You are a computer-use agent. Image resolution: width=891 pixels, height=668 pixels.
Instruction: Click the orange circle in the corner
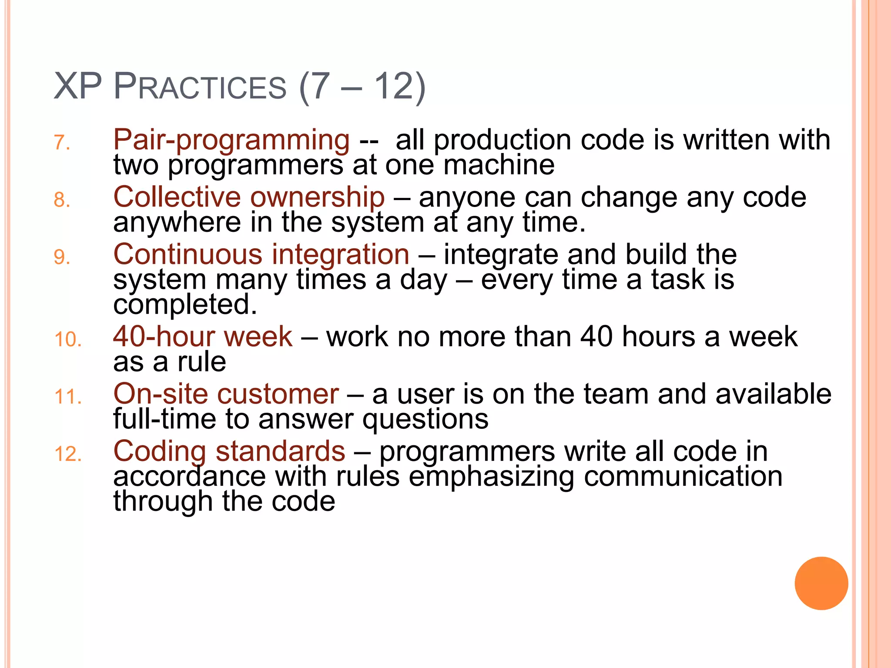click(x=821, y=583)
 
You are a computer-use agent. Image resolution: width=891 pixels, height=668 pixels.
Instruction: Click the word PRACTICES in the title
click(x=200, y=87)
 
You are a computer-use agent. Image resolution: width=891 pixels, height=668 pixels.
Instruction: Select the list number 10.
click(x=68, y=340)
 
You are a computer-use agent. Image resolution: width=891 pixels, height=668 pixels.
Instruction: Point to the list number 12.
click(x=68, y=454)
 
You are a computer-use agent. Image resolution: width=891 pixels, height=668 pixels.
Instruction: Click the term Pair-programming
click(x=231, y=140)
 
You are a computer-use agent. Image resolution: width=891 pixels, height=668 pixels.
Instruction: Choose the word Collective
click(x=177, y=197)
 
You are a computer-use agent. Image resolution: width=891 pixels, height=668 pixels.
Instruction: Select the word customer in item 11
click(x=278, y=394)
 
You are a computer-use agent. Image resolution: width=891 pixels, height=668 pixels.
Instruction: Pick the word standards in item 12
click(x=280, y=451)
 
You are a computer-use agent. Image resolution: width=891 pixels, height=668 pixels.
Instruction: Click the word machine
click(x=499, y=165)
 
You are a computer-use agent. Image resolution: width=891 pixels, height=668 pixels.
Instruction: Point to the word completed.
click(x=185, y=304)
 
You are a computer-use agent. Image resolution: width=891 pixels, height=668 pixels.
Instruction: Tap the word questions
click(x=425, y=420)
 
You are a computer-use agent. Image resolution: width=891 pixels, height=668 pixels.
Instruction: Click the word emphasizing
click(x=491, y=477)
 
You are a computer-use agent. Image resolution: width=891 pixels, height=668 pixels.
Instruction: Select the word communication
click(x=683, y=476)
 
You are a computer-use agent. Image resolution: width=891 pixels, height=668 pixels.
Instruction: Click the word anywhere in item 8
click(x=177, y=223)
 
